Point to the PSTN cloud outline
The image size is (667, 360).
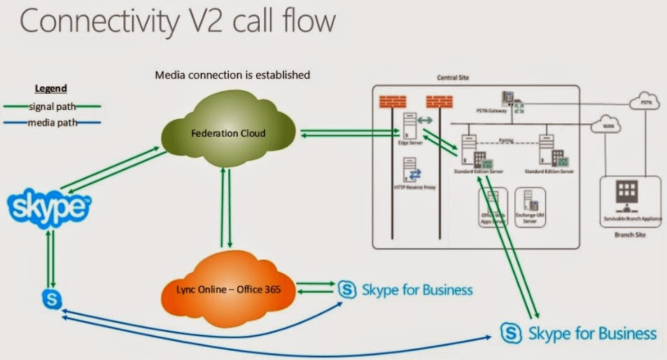[645, 103]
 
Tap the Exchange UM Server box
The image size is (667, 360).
[530, 207]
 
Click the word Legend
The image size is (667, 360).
[51, 89]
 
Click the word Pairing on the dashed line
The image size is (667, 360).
[505, 140]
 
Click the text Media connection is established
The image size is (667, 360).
[232, 74]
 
